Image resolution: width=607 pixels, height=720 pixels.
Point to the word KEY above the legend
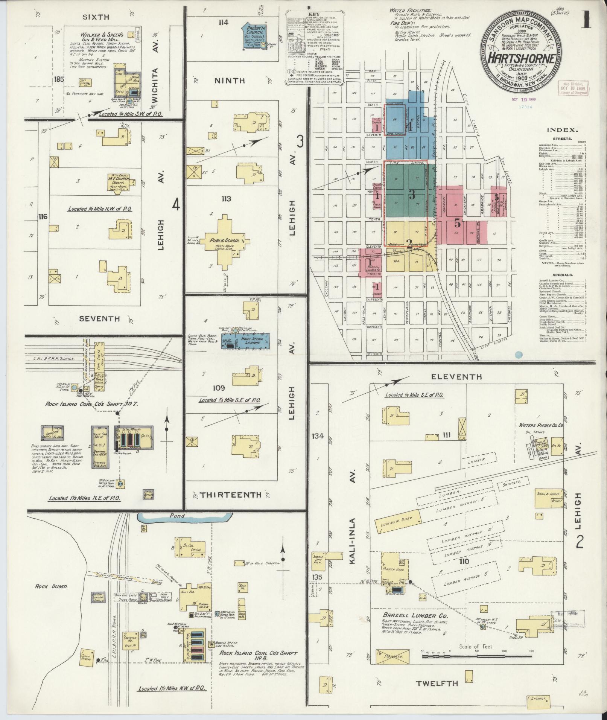313,15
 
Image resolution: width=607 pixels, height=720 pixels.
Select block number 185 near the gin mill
59,79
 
